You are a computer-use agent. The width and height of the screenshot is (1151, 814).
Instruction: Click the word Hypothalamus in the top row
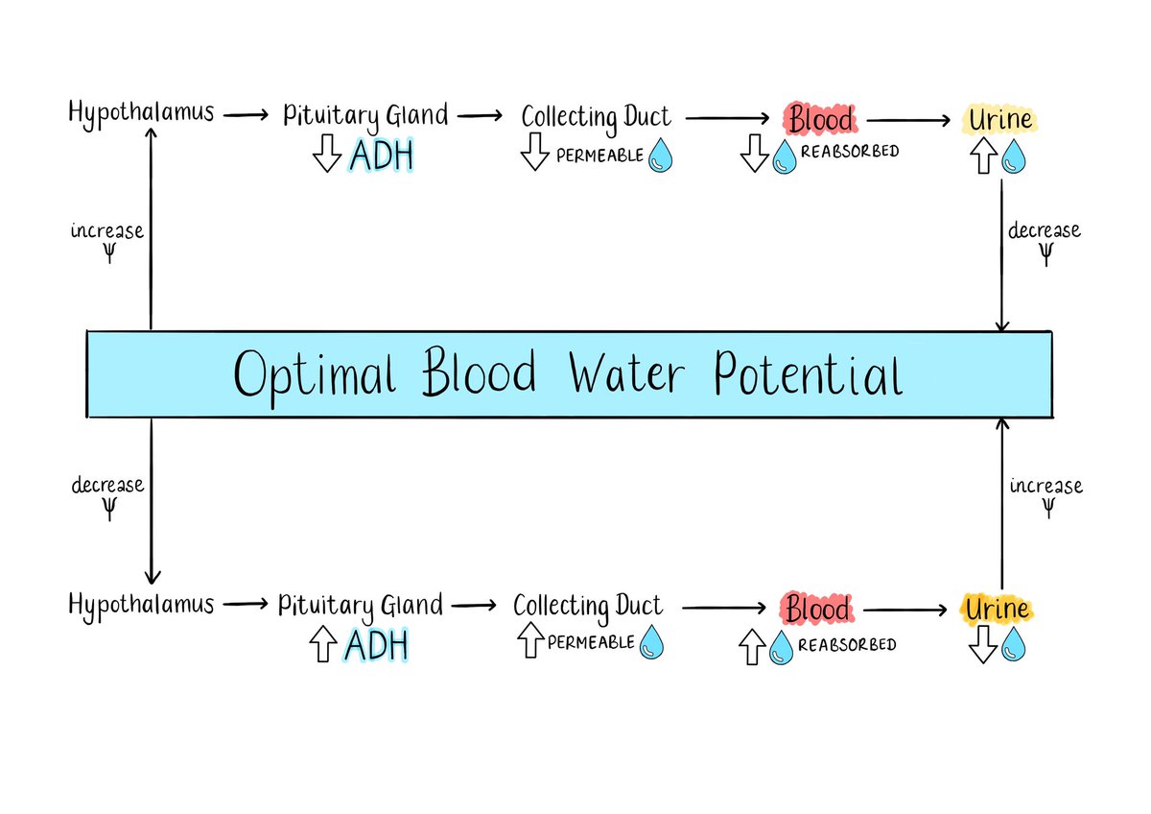[x=141, y=113]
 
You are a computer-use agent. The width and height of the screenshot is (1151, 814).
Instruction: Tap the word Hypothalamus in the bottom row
[x=141, y=605]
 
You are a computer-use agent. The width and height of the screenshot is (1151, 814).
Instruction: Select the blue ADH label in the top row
[x=382, y=155]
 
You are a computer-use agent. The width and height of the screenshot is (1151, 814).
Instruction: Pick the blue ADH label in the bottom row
[x=376, y=645]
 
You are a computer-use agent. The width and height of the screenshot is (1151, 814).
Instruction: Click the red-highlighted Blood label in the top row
[x=820, y=119]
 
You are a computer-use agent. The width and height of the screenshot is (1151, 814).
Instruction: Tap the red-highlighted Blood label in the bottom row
[x=817, y=610]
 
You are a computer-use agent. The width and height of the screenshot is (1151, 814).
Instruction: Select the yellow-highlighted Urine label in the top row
[x=1000, y=120]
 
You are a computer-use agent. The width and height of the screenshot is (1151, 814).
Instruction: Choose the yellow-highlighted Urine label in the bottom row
[x=998, y=609]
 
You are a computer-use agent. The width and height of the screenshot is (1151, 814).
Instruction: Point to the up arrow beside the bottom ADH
[x=322, y=645]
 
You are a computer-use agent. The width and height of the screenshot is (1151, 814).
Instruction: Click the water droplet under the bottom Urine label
[x=1013, y=646]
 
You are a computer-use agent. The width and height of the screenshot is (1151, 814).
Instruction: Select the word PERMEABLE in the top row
[x=599, y=155]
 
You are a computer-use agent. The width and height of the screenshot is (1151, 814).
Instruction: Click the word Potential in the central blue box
[x=807, y=375]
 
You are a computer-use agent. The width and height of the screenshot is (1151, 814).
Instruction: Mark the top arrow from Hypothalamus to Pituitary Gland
[x=247, y=115]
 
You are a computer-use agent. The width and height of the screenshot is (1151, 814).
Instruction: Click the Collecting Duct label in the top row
[x=596, y=117]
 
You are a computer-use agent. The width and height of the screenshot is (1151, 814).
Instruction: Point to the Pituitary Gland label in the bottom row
[x=361, y=606]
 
